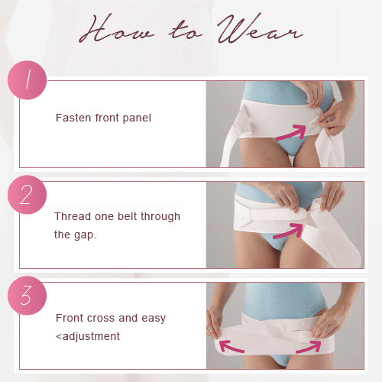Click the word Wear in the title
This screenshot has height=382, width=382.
coord(260,29)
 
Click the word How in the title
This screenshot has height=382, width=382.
coord(117,29)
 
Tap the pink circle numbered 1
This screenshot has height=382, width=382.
coord(27,80)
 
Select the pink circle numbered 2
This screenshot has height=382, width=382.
coord(27,195)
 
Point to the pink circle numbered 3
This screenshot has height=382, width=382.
coord(27,296)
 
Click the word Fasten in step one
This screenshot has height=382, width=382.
coord(73,118)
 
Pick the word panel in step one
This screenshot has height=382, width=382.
coord(137,118)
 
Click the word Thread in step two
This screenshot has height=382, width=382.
coord(73,216)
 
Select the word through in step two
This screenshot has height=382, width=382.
coord(160,217)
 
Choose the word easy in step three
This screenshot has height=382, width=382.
coord(154,319)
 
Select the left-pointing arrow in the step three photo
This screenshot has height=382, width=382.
coord(231,348)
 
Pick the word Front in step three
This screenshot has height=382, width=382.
coord(69,318)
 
